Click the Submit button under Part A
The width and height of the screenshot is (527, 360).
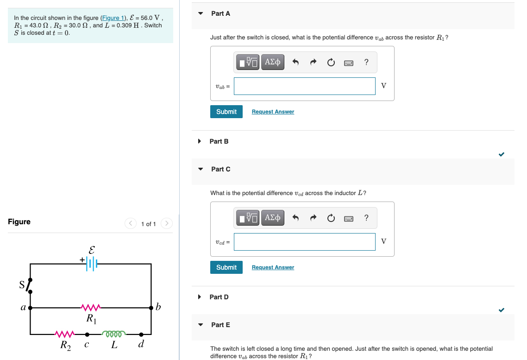[226, 112]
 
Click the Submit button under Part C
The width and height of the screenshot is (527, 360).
[226, 267]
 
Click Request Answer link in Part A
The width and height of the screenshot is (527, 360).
[273, 112]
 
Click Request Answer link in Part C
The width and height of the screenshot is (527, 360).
[273, 267]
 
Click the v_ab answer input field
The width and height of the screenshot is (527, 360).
[304, 86]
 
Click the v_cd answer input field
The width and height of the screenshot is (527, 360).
[304, 242]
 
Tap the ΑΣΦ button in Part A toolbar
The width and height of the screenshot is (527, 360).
[272, 62]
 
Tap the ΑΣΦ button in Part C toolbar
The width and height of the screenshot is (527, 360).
[272, 218]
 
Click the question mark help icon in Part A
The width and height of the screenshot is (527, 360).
[366, 62]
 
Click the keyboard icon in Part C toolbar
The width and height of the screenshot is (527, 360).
[349, 218]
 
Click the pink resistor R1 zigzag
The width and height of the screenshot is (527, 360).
[91, 307]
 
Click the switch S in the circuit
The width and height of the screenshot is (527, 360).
[29, 286]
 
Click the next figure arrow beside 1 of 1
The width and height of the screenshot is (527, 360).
[166, 224]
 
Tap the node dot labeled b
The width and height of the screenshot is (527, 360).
[151, 307]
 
